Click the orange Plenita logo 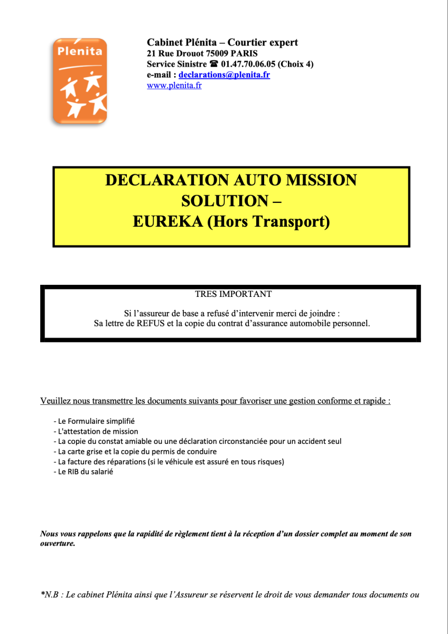click(x=80, y=81)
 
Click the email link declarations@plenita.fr click(x=224, y=74)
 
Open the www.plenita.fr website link click(x=174, y=85)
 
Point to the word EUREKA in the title click(x=167, y=222)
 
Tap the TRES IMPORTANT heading click(x=233, y=294)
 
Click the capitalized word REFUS click(x=150, y=323)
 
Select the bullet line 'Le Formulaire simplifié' click(x=95, y=421)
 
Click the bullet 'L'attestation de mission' click(x=96, y=431)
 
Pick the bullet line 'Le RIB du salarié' click(x=83, y=472)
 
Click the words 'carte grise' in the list click(x=86, y=452)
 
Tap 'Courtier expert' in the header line click(x=263, y=42)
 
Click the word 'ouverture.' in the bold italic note click(x=58, y=544)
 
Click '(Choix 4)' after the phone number click(x=295, y=64)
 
